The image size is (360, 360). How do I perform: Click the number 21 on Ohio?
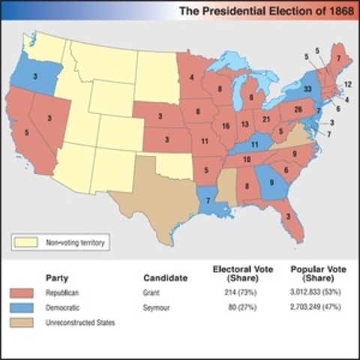coord(265,118)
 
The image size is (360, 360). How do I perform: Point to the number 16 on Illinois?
coord(224,127)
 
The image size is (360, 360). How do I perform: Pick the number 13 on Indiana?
coord(244,124)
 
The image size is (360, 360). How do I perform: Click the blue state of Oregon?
coord(27,76)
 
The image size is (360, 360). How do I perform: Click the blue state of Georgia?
coord(271,181)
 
